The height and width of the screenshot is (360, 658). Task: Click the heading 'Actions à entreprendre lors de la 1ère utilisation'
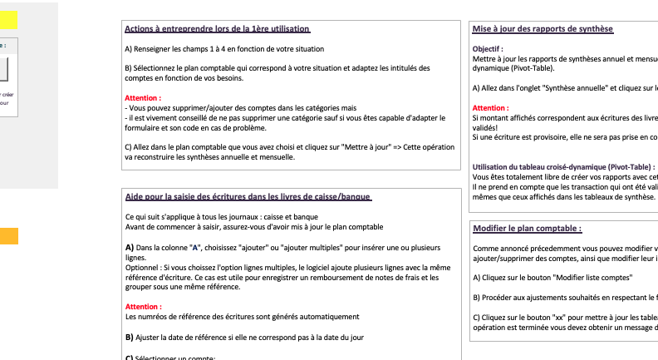coord(217,29)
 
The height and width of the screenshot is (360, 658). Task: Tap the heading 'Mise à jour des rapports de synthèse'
coord(543,29)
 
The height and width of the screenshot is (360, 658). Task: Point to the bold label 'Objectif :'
coord(488,49)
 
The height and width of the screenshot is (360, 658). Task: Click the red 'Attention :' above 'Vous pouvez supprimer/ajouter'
coord(143,98)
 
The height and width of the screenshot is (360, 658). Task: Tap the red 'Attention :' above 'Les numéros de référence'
coord(143,307)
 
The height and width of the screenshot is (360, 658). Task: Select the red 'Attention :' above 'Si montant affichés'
coord(490,108)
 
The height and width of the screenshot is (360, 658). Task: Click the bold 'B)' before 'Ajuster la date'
coord(130,337)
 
